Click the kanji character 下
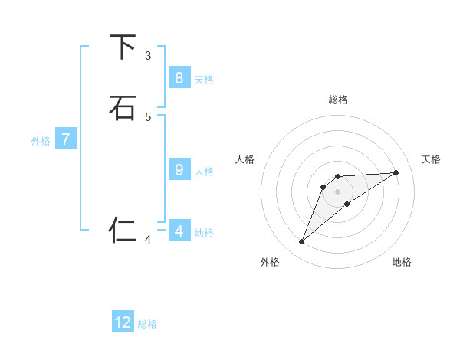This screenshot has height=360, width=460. pyautogui.click(x=123, y=47)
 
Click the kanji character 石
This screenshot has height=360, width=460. pyautogui.click(x=123, y=108)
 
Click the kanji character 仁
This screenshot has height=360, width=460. pyautogui.click(x=123, y=229)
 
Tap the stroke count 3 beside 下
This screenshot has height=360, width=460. pyautogui.click(x=148, y=56)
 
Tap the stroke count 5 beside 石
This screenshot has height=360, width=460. pyautogui.click(x=148, y=116)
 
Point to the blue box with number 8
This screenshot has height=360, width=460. pyautogui.click(x=179, y=77)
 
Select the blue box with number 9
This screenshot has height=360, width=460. pyautogui.click(x=179, y=169)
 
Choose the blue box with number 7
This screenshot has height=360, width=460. pyautogui.click(x=66, y=139)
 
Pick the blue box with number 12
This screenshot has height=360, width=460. pyautogui.click(x=123, y=322)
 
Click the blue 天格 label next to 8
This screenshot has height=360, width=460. pyautogui.click(x=204, y=80)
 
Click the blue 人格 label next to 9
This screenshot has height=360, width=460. pyautogui.click(x=204, y=172)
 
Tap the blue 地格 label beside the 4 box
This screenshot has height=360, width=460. pyautogui.click(x=204, y=233)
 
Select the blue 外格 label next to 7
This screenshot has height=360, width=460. pyautogui.click(x=41, y=141)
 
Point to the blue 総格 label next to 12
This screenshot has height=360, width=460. pyautogui.click(x=147, y=324)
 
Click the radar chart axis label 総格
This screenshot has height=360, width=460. pyautogui.click(x=338, y=100)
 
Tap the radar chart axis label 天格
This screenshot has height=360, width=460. pyautogui.click(x=431, y=159)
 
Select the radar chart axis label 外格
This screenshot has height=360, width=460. pyautogui.click(x=270, y=262)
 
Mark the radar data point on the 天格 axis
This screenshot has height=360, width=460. pyautogui.click(x=396, y=172)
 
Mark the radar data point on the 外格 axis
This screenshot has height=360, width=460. pyautogui.click(x=302, y=242)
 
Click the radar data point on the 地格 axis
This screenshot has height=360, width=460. pyautogui.click(x=347, y=204)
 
